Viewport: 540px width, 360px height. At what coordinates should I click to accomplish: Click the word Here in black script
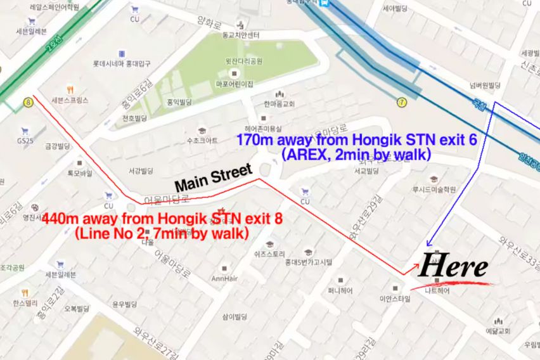(453, 267)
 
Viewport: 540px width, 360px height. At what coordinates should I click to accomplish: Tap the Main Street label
(214, 177)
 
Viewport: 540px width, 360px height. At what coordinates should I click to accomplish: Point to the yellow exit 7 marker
(401, 101)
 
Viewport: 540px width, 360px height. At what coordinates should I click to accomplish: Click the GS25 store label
(25, 141)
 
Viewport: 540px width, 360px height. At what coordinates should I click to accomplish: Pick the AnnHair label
(224, 278)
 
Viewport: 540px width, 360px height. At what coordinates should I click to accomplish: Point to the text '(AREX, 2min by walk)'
(356, 154)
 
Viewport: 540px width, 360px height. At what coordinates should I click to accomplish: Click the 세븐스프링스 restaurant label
(70, 100)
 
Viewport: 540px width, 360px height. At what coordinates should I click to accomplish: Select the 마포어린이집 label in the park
(235, 84)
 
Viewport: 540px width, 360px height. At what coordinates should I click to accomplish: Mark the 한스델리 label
(25, 303)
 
